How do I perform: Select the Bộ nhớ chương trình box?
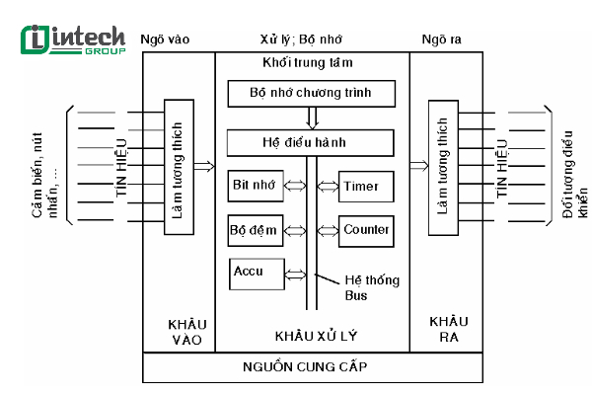(x=312, y=94)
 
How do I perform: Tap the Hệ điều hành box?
(x=312, y=143)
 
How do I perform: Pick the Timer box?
(x=367, y=185)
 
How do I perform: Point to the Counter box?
(x=367, y=229)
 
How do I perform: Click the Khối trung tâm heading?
(x=311, y=63)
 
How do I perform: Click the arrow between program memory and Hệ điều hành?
(x=312, y=118)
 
